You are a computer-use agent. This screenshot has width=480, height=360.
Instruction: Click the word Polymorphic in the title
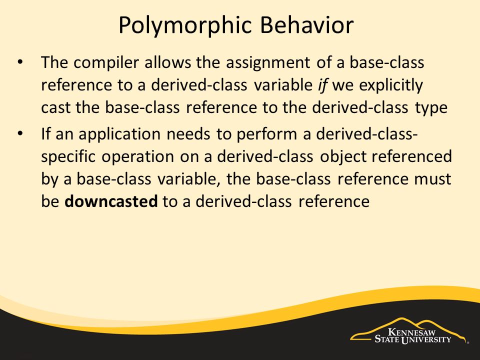coord(185,26)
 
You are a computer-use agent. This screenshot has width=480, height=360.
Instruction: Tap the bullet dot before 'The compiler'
coord(20,62)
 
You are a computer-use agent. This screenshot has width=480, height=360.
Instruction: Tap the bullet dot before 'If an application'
coord(20,134)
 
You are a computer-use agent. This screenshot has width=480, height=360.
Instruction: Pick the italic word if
coord(322,85)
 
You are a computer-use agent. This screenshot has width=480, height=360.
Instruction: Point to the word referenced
coord(411,156)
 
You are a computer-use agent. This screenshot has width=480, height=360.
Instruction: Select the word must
coord(433,179)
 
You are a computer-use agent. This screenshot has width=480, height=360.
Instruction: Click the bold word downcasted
coord(111,201)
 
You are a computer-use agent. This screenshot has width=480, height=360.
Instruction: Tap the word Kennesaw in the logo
coord(411,332)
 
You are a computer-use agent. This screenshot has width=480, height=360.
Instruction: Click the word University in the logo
coord(426,339)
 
